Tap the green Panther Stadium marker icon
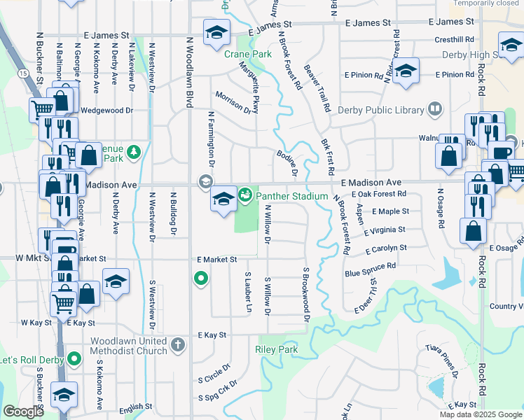[245, 195]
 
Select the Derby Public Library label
[381, 110]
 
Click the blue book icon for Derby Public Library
[435, 109]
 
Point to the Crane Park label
[237, 53]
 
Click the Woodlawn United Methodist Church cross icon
[179, 345]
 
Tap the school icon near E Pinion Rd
[405, 71]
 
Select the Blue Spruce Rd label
[370, 267]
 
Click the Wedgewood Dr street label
[107, 111]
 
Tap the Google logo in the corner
[23, 412]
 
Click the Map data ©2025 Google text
[481, 415]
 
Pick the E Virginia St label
[385, 230]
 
